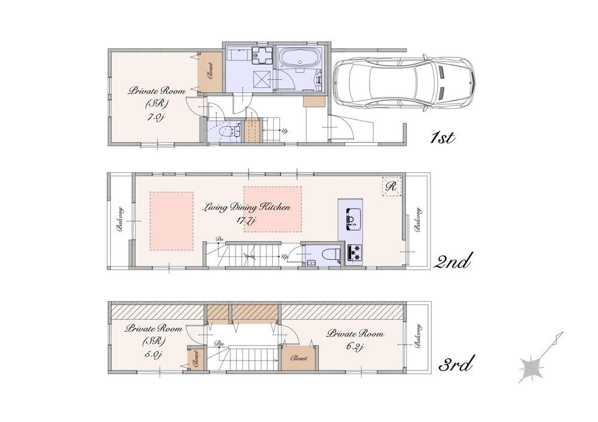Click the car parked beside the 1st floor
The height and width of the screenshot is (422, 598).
click(404, 82)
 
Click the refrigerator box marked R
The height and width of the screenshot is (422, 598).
click(392, 186)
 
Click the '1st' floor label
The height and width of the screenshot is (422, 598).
click(444, 138)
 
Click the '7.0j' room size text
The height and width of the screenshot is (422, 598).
click(155, 117)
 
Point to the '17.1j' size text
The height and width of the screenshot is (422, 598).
click(246, 221)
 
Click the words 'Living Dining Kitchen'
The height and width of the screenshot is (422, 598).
click(246, 207)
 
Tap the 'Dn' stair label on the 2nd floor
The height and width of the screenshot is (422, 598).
click(219, 240)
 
